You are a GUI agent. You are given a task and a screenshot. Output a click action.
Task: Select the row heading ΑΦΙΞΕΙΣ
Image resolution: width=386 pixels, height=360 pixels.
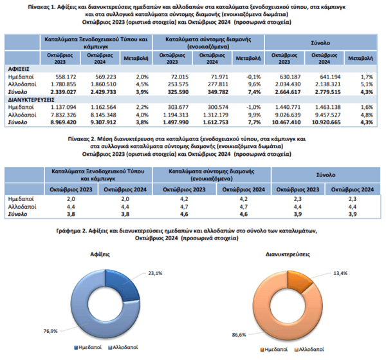click(x=20, y=69)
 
